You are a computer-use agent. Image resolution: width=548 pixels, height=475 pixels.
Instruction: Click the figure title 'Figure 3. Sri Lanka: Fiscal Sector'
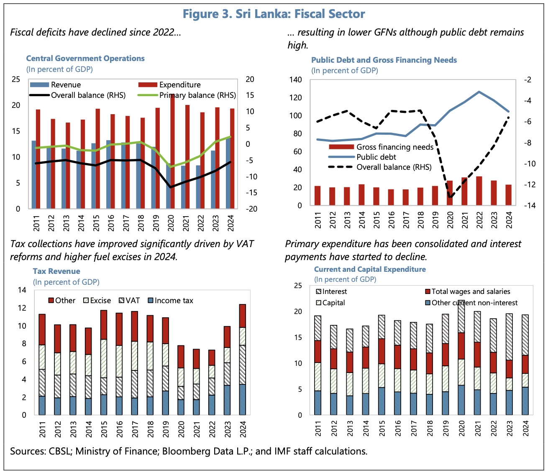click(x=274, y=14)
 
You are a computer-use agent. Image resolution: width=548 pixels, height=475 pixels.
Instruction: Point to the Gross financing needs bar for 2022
click(x=479, y=191)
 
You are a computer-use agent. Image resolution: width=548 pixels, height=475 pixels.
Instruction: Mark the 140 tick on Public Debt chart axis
click(x=296, y=79)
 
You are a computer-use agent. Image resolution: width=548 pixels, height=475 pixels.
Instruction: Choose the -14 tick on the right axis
click(x=527, y=205)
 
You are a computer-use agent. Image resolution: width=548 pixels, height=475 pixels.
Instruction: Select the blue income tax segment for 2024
click(x=243, y=399)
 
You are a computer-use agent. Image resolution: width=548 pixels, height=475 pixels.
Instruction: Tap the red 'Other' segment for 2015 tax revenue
click(x=104, y=324)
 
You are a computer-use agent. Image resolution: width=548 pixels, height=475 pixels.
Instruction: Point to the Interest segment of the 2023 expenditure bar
click(x=509, y=337)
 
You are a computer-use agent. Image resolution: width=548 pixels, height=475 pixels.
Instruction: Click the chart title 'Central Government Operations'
click(x=85, y=59)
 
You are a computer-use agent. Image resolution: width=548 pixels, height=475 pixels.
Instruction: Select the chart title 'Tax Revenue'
click(x=56, y=271)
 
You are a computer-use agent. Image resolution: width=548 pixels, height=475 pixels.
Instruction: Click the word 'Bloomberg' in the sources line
click(x=186, y=452)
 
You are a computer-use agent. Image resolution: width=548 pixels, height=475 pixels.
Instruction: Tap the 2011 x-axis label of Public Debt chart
click(x=318, y=220)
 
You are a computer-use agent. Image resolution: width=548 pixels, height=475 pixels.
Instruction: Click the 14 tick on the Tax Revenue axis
click(x=22, y=290)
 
